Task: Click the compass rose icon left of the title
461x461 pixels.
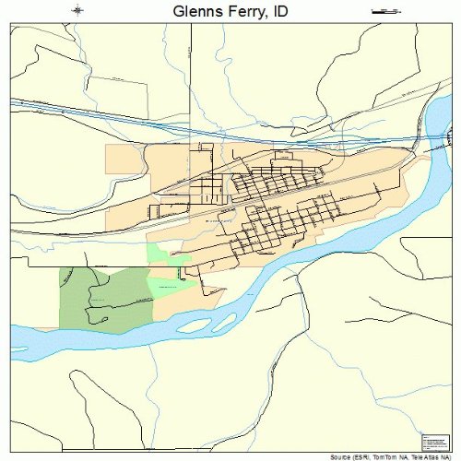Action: tap(78, 11)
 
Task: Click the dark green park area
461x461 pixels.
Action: tap(101, 300)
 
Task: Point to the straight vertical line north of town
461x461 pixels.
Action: tap(191, 83)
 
